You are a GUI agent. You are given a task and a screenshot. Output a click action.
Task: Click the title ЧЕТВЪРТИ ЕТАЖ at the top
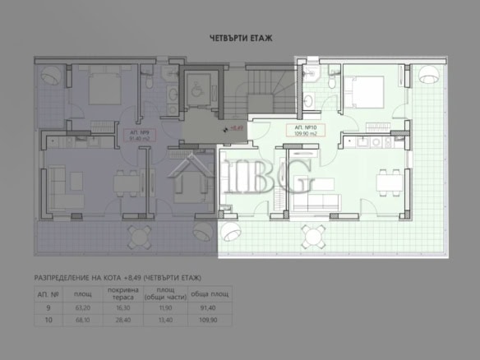[x=240, y=38]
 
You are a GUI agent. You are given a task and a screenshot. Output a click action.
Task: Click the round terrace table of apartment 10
[x=313, y=238]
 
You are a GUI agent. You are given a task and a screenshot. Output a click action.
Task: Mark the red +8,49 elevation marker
[x=234, y=129]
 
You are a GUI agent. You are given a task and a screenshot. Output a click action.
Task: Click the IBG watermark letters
[x=271, y=177]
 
